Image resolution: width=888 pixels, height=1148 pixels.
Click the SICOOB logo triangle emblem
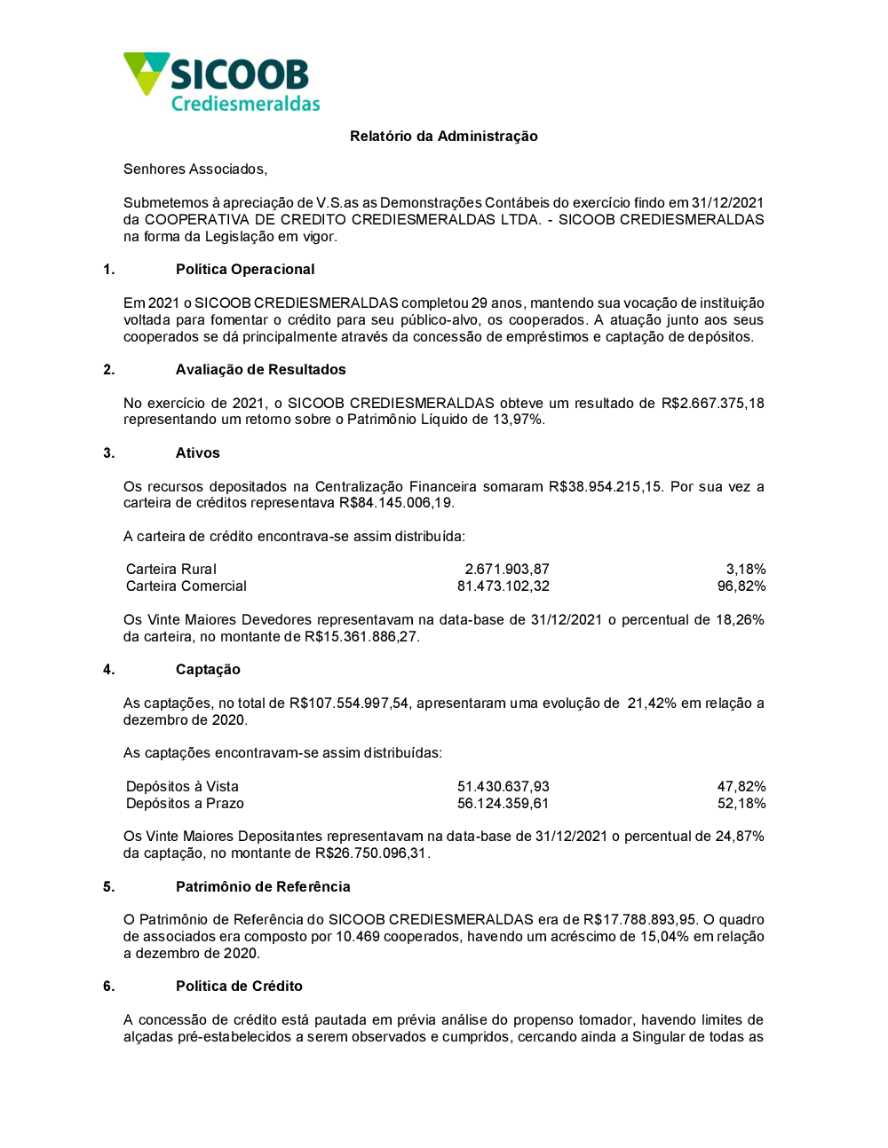point(146,72)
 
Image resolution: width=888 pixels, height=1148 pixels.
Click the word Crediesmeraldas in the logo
point(245,104)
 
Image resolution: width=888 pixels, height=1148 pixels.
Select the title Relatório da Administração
point(443,136)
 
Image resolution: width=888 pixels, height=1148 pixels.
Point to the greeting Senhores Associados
point(195,169)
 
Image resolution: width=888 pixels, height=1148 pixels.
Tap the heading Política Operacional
point(245,270)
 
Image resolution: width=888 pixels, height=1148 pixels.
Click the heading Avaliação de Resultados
point(260,370)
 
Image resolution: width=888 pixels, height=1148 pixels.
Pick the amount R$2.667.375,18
point(712,404)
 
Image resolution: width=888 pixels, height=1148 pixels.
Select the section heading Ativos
point(197,453)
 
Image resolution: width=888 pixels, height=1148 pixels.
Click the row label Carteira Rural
point(171,570)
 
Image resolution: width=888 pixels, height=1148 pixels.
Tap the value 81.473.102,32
point(503,586)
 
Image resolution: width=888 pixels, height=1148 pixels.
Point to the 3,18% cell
point(745,570)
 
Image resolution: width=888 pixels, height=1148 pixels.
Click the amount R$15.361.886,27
point(361,637)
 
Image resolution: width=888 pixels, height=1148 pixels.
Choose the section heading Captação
point(208,670)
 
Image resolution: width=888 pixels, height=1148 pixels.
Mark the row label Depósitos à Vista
point(182,787)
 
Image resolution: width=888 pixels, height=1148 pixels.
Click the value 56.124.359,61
point(503,804)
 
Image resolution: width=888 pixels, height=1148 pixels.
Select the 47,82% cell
point(741,787)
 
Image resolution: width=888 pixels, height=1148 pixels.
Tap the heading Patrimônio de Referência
point(263,887)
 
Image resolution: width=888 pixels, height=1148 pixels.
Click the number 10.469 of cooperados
point(357,937)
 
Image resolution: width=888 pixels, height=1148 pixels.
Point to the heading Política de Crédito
point(239,987)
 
